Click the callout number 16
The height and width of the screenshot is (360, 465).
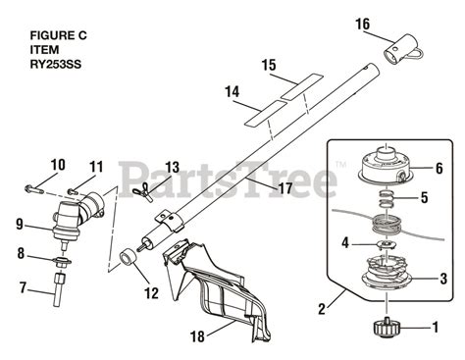(x=363, y=25)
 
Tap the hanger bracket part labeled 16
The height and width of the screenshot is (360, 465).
(x=403, y=50)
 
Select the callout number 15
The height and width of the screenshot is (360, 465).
(x=269, y=65)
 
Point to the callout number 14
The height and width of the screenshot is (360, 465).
(x=232, y=92)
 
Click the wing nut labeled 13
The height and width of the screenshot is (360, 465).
(x=142, y=191)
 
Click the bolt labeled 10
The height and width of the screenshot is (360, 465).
(x=33, y=189)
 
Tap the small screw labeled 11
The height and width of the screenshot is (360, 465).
(x=73, y=191)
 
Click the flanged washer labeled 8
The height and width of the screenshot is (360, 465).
(x=63, y=262)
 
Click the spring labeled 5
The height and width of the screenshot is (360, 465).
(x=387, y=199)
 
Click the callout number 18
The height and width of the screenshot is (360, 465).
(x=197, y=336)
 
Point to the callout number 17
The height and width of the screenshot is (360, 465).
(x=284, y=188)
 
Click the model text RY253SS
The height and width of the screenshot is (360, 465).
(x=56, y=65)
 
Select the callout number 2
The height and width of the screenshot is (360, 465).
(x=322, y=309)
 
